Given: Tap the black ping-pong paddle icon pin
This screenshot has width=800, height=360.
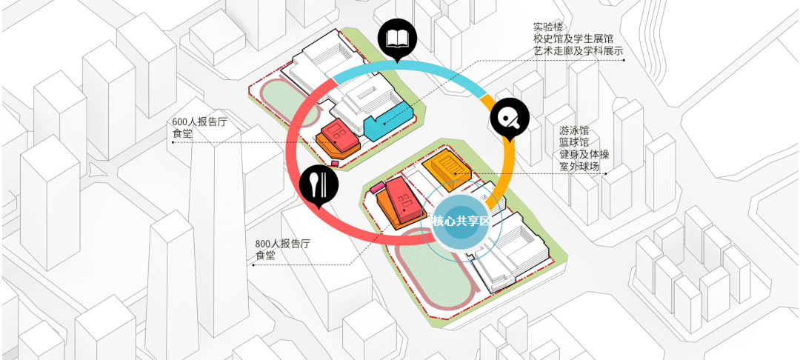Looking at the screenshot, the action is tap(510, 116).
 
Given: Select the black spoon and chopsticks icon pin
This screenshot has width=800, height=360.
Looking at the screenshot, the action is tap(319, 184).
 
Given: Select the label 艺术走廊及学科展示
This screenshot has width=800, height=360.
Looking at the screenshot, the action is tap(578, 52).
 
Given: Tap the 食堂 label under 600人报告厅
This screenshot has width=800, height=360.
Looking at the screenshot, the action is tap(181, 134).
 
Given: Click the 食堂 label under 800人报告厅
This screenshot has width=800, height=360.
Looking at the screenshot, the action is tap(265, 256).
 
